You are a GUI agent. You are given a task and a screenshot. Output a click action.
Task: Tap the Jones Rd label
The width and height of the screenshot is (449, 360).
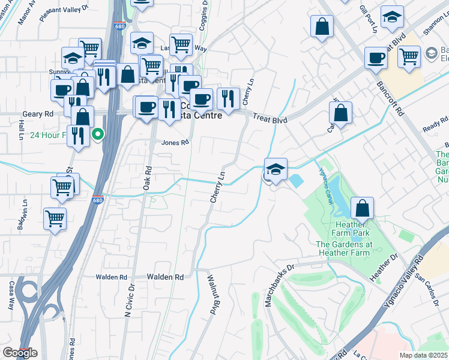click(x=175, y=142)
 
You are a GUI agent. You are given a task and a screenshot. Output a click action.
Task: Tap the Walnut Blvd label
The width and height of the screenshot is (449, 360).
click(x=212, y=294)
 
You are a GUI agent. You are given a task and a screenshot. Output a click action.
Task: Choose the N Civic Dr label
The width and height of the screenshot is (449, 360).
click(x=128, y=301)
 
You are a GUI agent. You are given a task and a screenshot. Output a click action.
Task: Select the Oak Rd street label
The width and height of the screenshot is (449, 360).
click(x=146, y=178)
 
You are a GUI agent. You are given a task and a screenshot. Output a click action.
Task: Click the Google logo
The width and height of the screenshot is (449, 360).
click(x=19, y=353)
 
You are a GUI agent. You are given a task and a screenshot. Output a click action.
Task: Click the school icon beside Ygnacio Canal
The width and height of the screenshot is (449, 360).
click(x=276, y=170)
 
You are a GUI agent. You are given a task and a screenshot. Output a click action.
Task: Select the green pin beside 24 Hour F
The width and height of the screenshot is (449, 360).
click(x=96, y=134)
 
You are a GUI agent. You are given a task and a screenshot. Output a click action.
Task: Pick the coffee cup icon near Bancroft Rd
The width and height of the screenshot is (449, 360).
click(x=376, y=58)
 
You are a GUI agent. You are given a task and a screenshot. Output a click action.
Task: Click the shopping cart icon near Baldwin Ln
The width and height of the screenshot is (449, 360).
click(x=55, y=218)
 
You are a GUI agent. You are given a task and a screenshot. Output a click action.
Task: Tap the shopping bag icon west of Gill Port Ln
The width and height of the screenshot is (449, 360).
click(x=322, y=26)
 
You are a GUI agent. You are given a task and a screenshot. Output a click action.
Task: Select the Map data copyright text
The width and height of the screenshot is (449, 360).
click(x=423, y=355)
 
